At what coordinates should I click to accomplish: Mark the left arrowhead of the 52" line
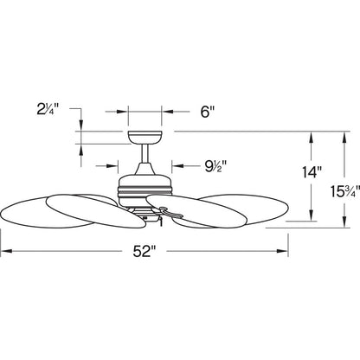point(5,252)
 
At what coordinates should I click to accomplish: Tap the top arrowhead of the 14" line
point(309,135)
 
